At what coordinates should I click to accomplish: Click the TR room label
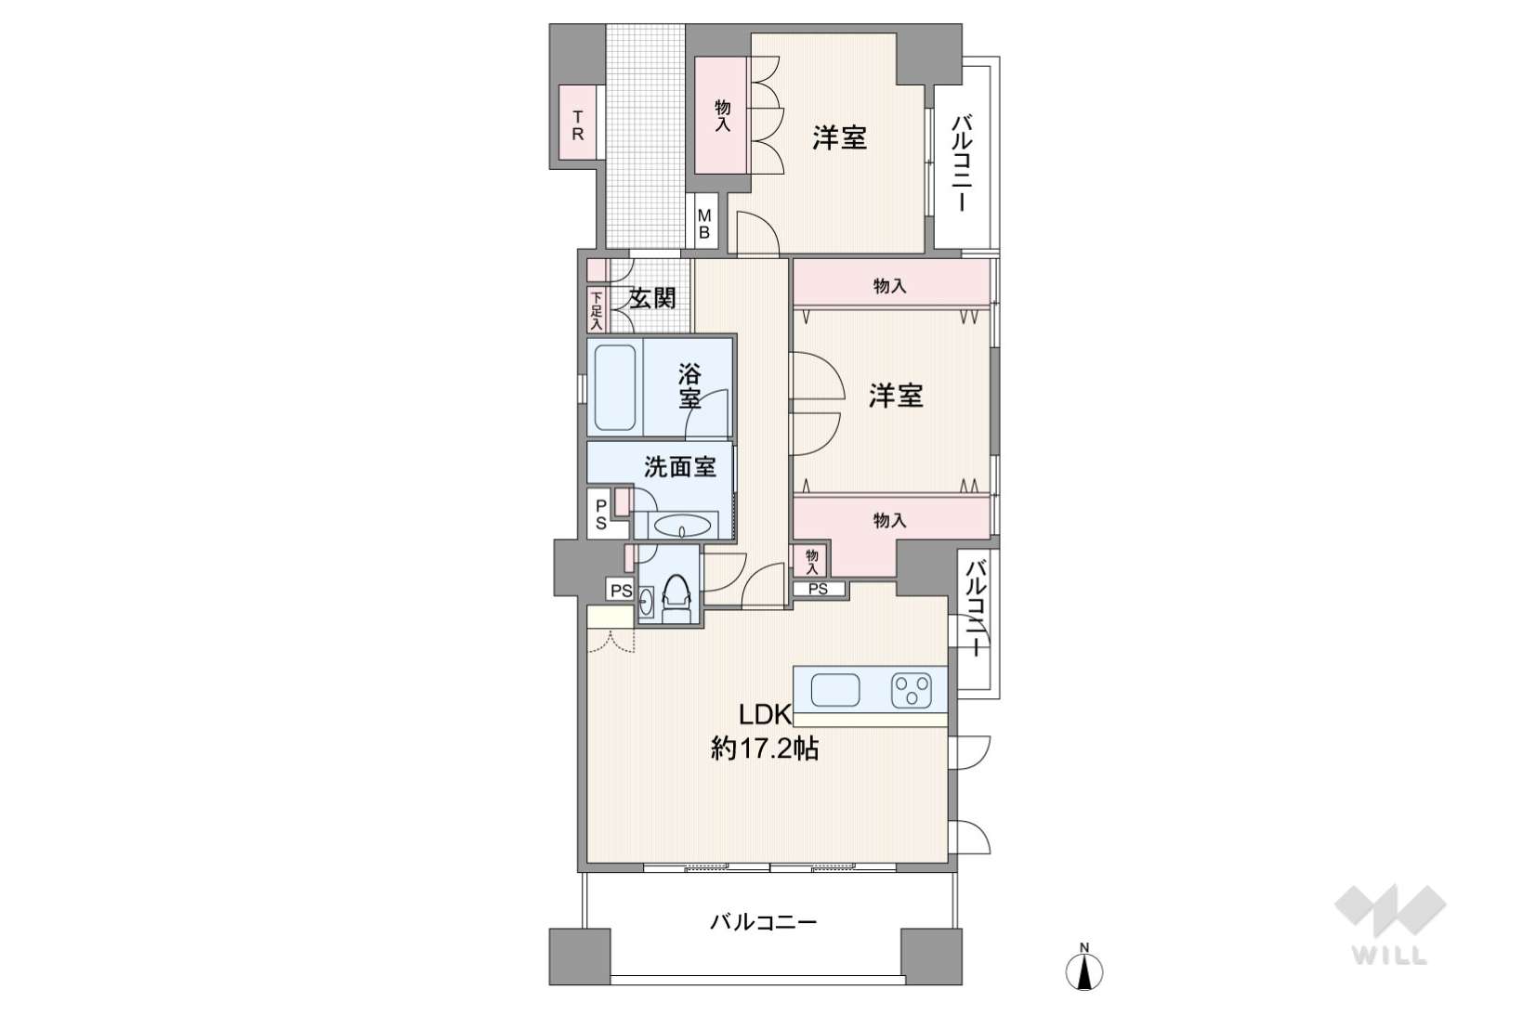click(577, 125)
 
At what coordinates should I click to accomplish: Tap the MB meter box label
click(703, 224)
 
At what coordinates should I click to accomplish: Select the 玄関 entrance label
click(652, 297)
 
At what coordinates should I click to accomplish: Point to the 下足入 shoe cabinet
click(597, 310)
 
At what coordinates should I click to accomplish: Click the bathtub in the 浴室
click(615, 387)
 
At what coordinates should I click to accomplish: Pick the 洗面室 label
click(680, 467)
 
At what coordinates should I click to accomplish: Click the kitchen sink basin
click(835, 690)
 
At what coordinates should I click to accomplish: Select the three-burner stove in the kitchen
click(911, 690)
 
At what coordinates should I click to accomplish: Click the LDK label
click(765, 714)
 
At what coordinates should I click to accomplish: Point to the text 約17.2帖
click(764, 748)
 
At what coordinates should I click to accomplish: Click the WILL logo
click(1389, 924)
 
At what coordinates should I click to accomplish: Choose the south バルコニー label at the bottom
click(763, 922)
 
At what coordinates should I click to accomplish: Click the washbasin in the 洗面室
click(682, 527)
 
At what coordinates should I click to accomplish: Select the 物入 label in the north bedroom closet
click(722, 115)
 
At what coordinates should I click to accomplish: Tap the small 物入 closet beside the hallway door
click(811, 561)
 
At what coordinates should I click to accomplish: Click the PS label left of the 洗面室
click(601, 514)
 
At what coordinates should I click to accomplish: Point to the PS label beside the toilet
click(621, 591)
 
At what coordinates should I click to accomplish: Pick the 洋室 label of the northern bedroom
click(839, 138)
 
